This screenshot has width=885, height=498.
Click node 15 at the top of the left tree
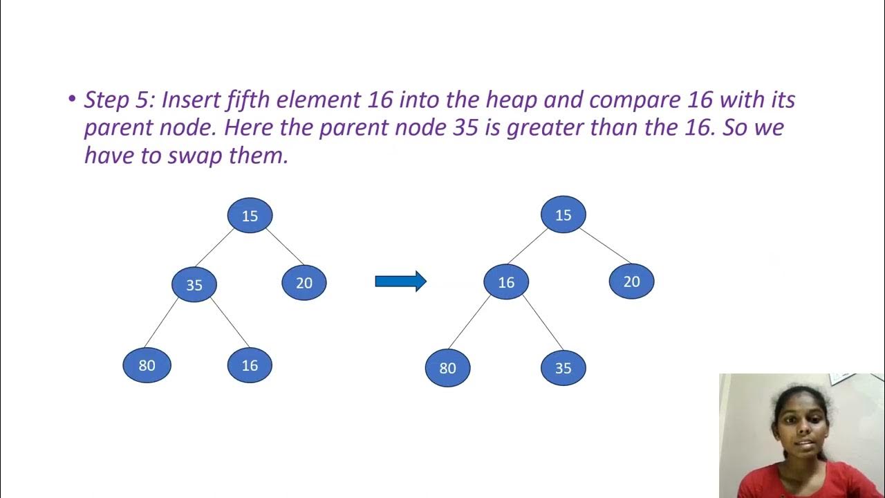pyautogui.click(x=250, y=215)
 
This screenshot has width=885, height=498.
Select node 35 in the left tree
pyautogui.click(x=194, y=284)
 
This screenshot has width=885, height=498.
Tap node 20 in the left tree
pyautogui.click(x=304, y=282)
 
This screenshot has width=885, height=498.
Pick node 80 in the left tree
pyautogui.click(x=147, y=365)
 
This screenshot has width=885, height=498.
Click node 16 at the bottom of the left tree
pyautogui.click(x=250, y=365)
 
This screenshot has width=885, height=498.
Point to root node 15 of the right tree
pyautogui.click(x=563, y=214)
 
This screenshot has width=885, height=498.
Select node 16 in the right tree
pyautogui.click(x=507, y=282)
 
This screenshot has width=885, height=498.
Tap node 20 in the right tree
pyautogui.click(x=631, y=282)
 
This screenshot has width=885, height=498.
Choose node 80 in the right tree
pyautogui.click(x=447, y=368)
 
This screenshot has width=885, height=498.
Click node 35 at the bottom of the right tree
pyautogui.click(x=563, y=368)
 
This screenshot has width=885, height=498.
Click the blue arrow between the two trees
pyautogui.click(x=400, y=281)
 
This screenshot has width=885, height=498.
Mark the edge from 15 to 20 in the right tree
pyautogui.click(x=605, y=246)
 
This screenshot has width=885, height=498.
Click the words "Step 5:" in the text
pyautogui.click(x=119, y=100)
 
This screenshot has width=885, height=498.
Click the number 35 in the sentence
pyautogui.click(x=460, y=128)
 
